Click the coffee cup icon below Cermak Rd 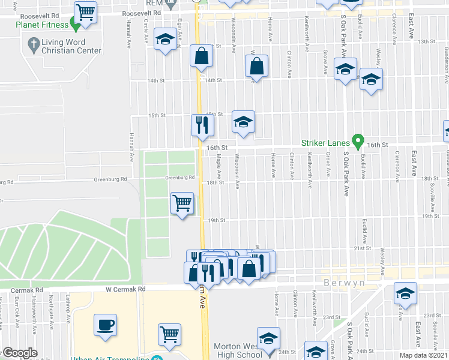click(105, 323)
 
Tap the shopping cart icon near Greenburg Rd click(182, 203)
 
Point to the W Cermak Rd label click(125, 289)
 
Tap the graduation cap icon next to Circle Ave click(165, 39)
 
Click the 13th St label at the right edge click(426, 41)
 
